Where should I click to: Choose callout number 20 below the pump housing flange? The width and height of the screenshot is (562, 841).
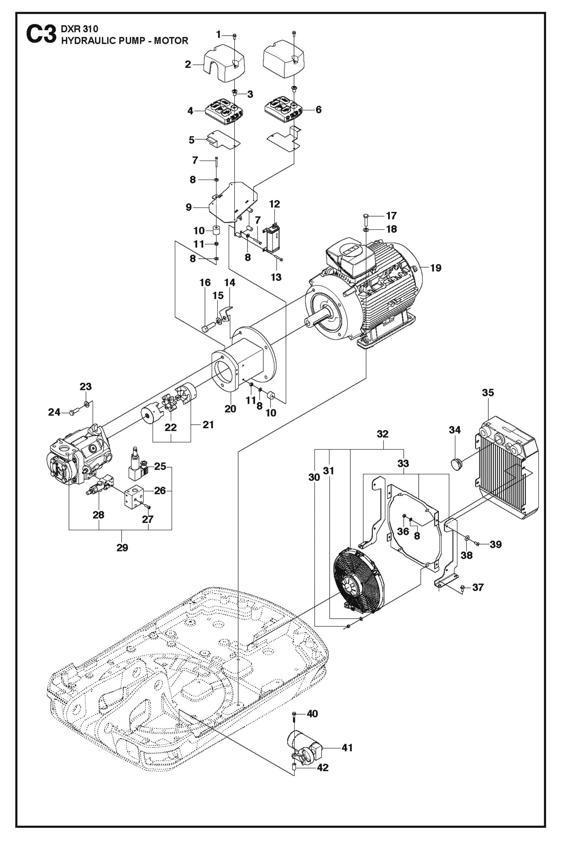pyautogui.click(x=230, y=409)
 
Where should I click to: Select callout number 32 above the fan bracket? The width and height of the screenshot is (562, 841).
pyautogui.click(x=383, y=434)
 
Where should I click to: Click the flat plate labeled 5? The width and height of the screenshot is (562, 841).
pyautogui.click(x=222, y=141)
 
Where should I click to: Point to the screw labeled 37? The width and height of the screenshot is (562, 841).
pyautogui.click(x=463, y=587)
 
